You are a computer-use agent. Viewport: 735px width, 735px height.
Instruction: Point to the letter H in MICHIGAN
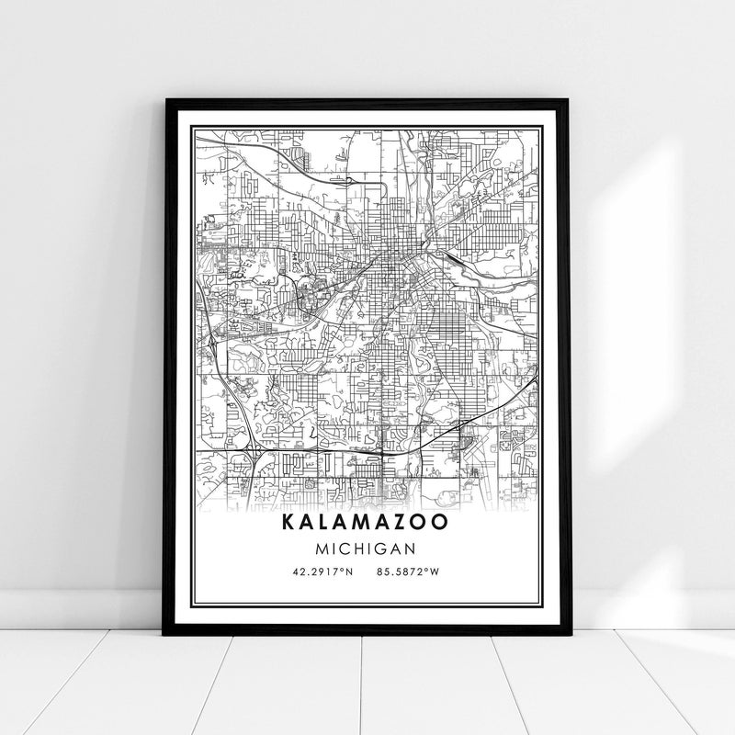(359, 548)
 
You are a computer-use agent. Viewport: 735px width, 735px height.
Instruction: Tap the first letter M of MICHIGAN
(324, 548)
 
